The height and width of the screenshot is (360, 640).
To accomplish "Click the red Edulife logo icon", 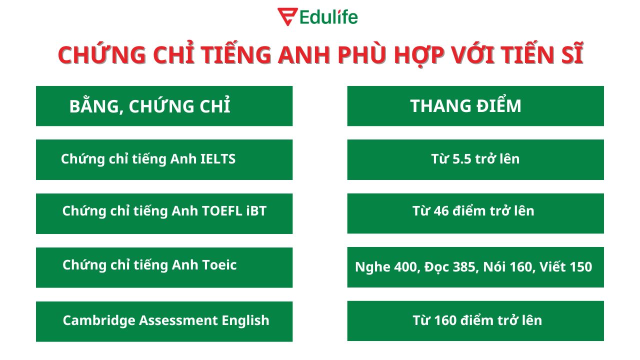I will click(287, 16).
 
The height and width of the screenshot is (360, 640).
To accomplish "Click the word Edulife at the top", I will click(329, 17).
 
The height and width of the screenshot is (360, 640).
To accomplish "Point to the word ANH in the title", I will click(304, 54).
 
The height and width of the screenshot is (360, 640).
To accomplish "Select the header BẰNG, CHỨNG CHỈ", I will click(149, 106).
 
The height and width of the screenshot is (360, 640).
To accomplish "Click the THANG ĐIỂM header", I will click(465, 106).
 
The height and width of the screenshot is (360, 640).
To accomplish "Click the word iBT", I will click(256, 211).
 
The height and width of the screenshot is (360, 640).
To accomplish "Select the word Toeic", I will click(219, 265).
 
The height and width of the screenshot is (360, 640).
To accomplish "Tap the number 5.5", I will click(461, 159).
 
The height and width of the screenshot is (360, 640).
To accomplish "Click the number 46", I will click(441, 211).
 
